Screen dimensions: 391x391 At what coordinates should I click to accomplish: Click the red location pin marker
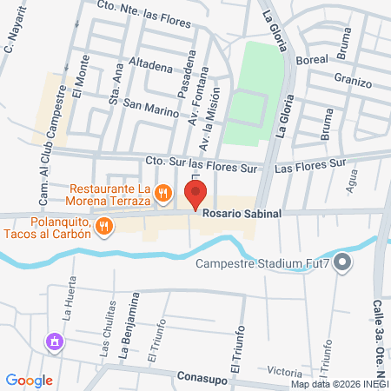point(195,195)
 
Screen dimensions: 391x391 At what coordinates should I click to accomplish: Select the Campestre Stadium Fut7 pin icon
point(342,261)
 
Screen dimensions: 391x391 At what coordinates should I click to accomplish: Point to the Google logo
point(30,380)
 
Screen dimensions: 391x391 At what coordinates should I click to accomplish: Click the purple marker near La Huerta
point(55,341)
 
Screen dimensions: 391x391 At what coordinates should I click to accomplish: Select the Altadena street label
point(150,63)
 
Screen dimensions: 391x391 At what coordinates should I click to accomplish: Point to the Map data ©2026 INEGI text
point(340,384)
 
